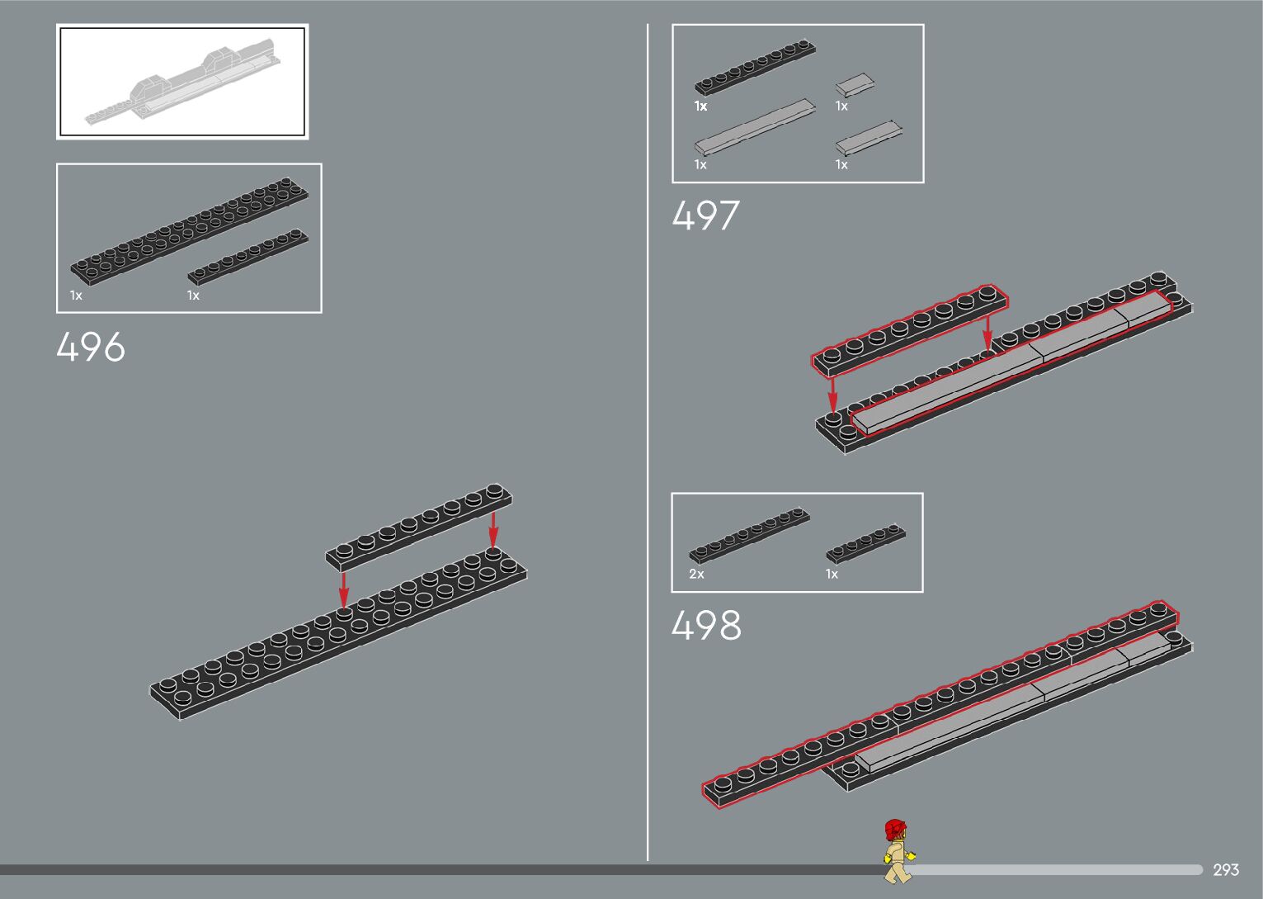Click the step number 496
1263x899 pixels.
91,347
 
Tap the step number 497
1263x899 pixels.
705,216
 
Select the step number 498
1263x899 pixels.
706,626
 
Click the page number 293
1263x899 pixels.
1226,870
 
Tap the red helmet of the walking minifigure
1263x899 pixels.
895,828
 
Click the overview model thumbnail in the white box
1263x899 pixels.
182,82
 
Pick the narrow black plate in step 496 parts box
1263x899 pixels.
247,257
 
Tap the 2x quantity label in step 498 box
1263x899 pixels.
697,574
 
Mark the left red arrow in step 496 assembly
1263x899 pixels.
344,589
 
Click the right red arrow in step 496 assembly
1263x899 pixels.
493,529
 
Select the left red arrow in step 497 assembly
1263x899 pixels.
833,394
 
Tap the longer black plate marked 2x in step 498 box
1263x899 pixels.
749,535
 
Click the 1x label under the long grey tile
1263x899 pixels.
700,165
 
